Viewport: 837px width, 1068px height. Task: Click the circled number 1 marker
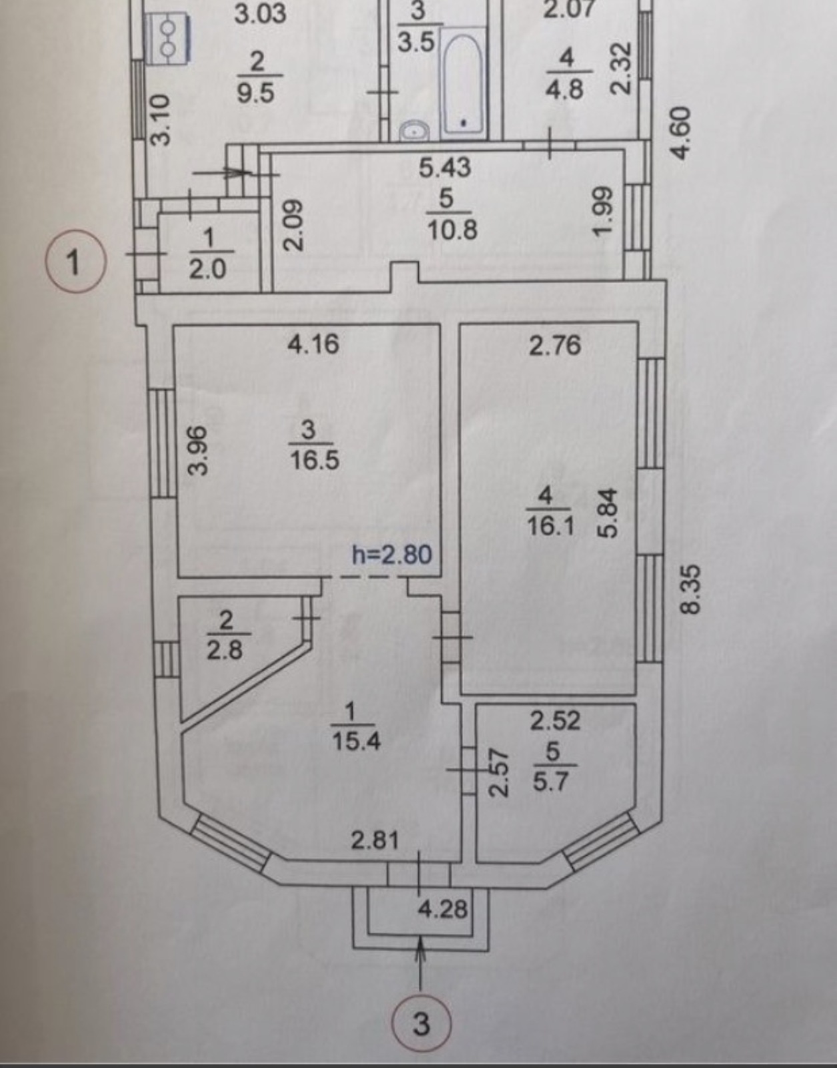[x=75, y=262]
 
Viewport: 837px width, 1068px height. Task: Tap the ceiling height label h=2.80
[x=392, y=555]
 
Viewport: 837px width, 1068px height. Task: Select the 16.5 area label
[x=315, y=461]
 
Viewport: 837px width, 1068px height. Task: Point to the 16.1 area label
[x=550, y=527]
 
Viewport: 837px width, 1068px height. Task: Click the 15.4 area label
[x=356, y=741]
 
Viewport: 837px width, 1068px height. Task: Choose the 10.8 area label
[x=452, y=230]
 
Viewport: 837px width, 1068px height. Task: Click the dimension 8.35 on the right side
[x=691, y=589]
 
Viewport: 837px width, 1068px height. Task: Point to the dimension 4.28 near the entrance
[x=443, y=908]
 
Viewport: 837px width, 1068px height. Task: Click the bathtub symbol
[x=462, y=83]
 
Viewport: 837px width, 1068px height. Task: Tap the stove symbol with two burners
[x=169, y=38]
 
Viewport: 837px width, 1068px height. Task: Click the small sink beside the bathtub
[x=415, y=131]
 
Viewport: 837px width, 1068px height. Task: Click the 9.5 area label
[x=255, y=92]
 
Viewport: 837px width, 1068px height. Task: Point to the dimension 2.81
[x=375, y=840]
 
